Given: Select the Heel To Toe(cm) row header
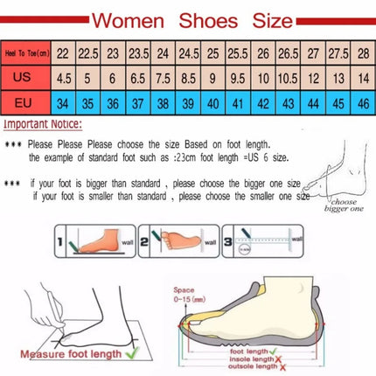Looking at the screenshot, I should [x=26, y=53].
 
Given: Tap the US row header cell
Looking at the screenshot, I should [x=26, y=77].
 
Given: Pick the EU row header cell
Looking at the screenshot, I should [x=26, y=101].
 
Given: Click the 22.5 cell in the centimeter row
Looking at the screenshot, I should [x=88, y=53].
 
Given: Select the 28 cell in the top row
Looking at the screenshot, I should [x=360, y=53].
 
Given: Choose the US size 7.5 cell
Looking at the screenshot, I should [x=161, y=77].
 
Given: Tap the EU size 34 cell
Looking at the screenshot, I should [x=63, y=101].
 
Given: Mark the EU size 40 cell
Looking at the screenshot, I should [x=212, y=101].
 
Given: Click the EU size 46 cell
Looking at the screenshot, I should [x=360, y=101].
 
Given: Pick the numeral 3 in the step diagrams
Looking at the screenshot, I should [x=226, y=238].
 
